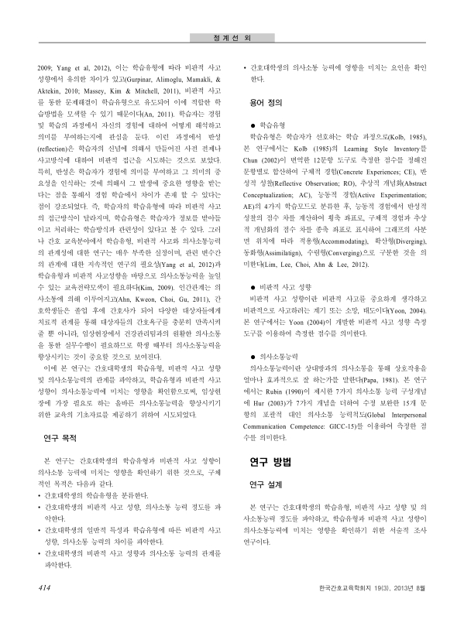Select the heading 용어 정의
267,102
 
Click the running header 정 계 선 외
232,36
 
